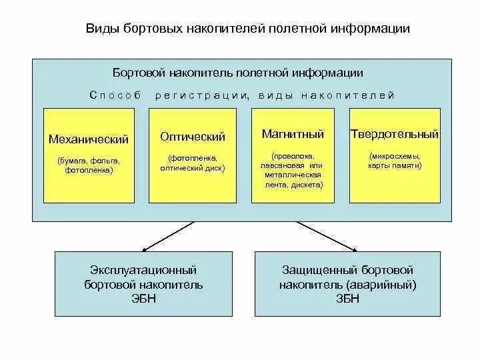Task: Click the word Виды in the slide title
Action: pos(100,29)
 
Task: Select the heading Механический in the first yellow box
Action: pos(89,139)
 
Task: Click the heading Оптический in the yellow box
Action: pos(193,137)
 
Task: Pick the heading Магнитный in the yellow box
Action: pos(293,134)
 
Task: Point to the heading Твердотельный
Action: pos(395,134)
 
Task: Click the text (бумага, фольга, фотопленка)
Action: pos(89,165)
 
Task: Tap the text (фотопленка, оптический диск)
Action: pos(193,163)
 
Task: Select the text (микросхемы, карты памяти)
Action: pos(395,160)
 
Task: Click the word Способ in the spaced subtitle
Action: pos(115,95)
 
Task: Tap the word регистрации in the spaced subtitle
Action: pos(201,95)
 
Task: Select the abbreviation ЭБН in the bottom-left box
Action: pos(143,299)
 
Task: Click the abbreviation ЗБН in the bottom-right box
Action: pos(347,299)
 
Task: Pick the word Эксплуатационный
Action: pos(143,271)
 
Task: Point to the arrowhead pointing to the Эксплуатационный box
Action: pos(149,247)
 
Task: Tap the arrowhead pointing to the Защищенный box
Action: pos(351,247)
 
